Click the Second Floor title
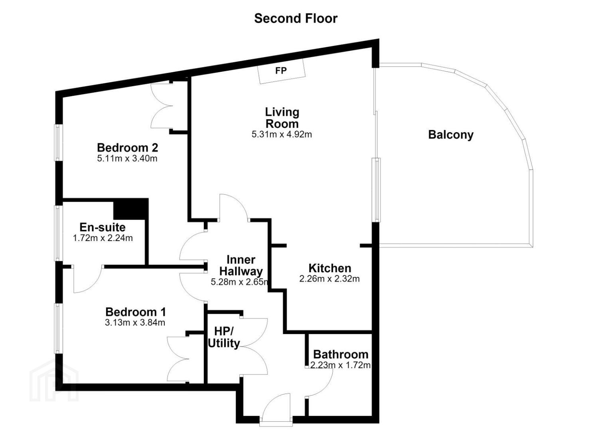tap(296, 18)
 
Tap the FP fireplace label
tap(281, 71)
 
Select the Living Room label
tap(282, 118)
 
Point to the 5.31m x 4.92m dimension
tap(282, 134)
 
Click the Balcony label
tap(451, 135)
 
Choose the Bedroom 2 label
tap(127, 148)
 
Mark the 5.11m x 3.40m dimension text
tap(127, 159)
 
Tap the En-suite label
tap(103, 227)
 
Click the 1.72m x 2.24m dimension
tap(103, 238)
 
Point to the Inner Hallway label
tap(241, 265)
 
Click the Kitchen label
tap(330, 269)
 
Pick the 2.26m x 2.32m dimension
tap(329, 279)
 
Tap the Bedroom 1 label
tap(135, 312)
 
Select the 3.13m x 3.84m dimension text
tap(135, 323)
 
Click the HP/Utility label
tap(223, 337)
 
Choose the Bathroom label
tap(341, 354)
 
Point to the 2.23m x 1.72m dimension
tap(340, 365)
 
